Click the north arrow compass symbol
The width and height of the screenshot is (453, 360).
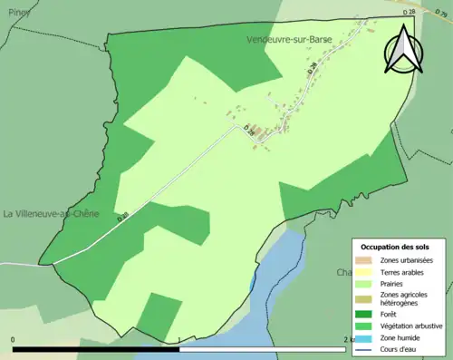click(x=404, y=50)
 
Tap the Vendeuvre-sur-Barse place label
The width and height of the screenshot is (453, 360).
click(x=289, y=40)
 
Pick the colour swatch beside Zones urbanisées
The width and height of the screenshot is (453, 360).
click(x=367, y=261)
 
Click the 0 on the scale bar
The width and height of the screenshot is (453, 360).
click(x=13, y=340)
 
